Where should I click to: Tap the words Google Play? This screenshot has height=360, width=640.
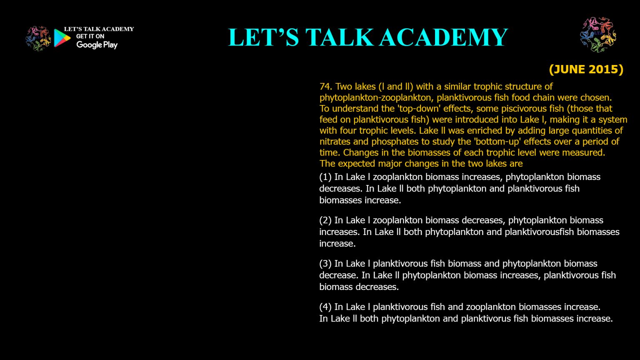tap(97, 45)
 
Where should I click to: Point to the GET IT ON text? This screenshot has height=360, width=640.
tap(90, 36)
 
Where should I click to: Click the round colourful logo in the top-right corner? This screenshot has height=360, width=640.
tap(598, 35)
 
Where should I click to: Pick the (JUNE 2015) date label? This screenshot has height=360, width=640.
tap(586, 69)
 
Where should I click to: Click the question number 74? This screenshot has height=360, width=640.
tap(325, 87)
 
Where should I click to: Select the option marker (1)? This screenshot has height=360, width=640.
tap(325, 177)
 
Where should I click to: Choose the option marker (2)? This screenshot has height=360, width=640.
tap(325, 220)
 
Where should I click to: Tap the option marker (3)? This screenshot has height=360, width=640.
tap(325, 264)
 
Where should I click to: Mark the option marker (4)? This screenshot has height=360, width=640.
tap(325, 307)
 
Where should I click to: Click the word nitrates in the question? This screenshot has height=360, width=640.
tap(335, 142)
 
